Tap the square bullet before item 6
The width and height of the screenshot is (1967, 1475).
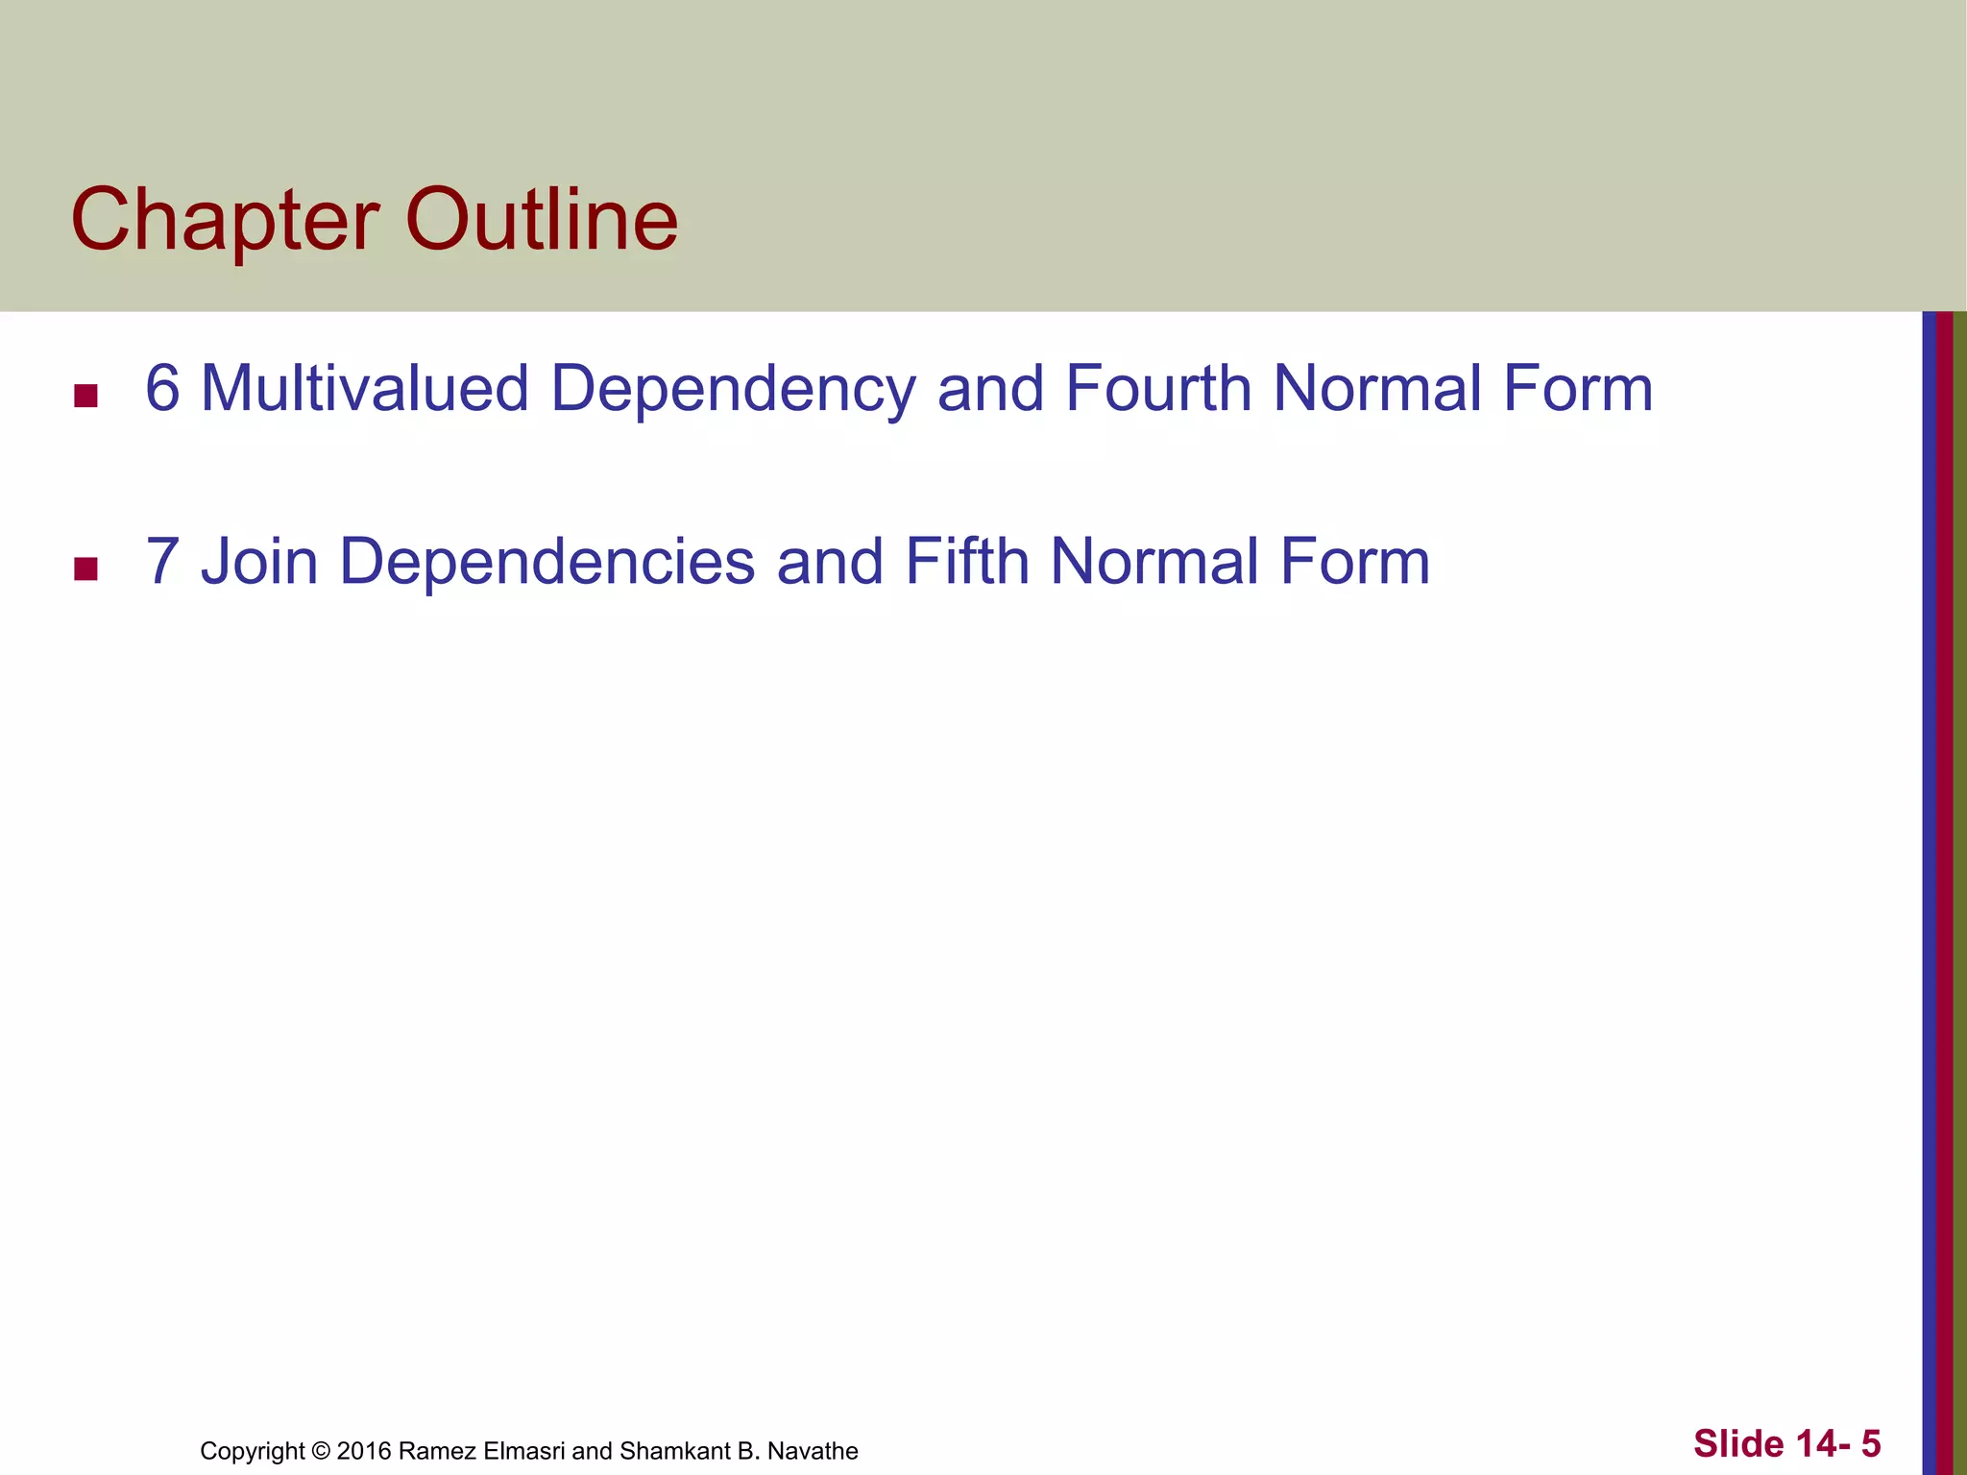85,396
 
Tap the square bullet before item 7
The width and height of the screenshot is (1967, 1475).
85,568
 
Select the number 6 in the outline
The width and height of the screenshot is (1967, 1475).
162,389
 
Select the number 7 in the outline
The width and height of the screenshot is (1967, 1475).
162,562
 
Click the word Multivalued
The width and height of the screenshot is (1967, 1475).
365,389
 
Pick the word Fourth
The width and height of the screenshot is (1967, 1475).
1157,389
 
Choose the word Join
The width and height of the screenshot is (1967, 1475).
259,562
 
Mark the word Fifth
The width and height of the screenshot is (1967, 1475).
966,562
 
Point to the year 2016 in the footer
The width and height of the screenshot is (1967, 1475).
363,1451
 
